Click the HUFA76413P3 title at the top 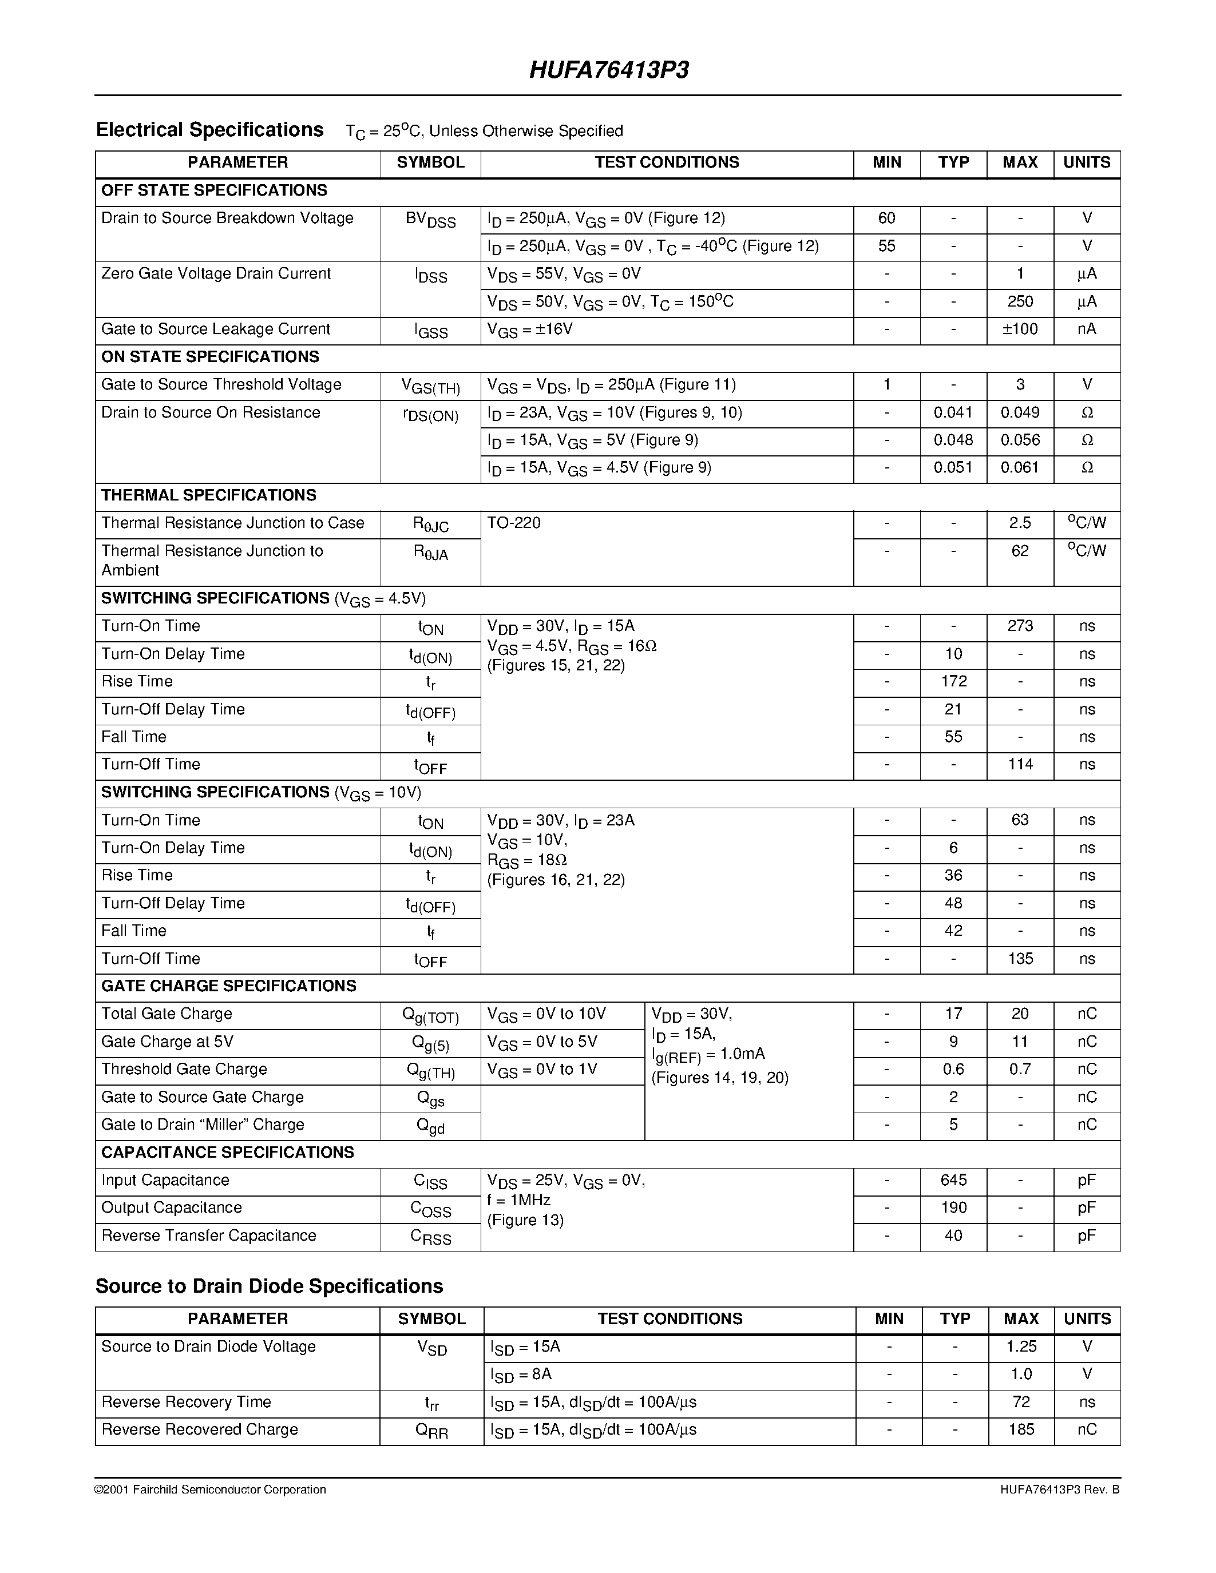pyautogui.click(x=609, y=70)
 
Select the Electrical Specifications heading pyautogui.click(x=209, y=130)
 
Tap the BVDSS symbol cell pyautogui.click(x=431, y=220)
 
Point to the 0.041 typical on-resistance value pyautogui.click(x=953, y=412)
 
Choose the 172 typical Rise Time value pyautogui.click(x=953, y=681)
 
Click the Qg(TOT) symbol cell pyautogui.click(x=431, y=1015)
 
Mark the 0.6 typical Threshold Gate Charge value pyautogui.click(x=953, y=1070)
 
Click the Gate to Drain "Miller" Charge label pyautogui.click(x=203, y=1125)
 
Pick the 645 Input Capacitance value pyautogui.click(x=953, y=1181)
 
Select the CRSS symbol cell pyautogui.click(x=431, y=1237)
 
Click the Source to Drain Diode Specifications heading pyautogui.click(x=269, y=1286)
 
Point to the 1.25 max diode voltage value pyautogui.click(x=1021, y=1347)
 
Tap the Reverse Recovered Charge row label pyautogui.click(x=200, y=1429)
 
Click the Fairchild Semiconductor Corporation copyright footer pyautogui.click(x=211, y=1490)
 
